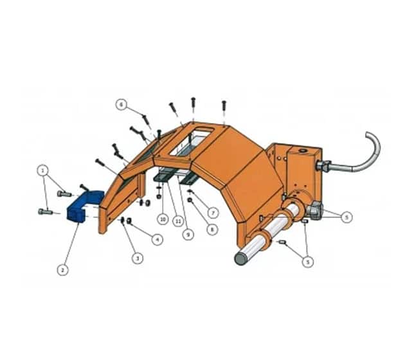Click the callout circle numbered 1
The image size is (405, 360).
pyautogui.click(x=43, y=170)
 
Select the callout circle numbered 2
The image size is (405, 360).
pyautogui.click(x=63, y=270)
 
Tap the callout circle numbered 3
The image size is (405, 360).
pyautogui.click(x=138, y=258)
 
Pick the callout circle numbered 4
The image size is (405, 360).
pyautogui.click(x=157, y=239)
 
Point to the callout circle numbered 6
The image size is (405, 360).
pyautogui.click(x=122, y=105)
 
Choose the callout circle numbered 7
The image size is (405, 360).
pyautogui.click(x=213, y=213)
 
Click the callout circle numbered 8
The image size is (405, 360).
pyautogui.click(x=212, y=229)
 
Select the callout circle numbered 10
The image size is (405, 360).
pyautogui.click(x=163, y=219)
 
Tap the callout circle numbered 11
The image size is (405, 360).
pyautogui.click(x=177, y=221)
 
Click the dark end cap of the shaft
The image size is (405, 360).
pyautogui.click(x=240, y=259)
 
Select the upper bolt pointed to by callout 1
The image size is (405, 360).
pyautogui.click(x=64, y=194)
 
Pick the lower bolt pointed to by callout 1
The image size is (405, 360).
pyautogui.click(x=46, y=212)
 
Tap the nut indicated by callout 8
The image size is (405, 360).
pyautogui.click(x=190, y=200)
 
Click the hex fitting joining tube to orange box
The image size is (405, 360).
pyautogui.click(x=323, y=166)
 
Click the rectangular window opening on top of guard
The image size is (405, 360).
pyautogui.click(x=191, y=141)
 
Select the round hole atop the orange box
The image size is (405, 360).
pyautogui.click(x=301, y=150)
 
